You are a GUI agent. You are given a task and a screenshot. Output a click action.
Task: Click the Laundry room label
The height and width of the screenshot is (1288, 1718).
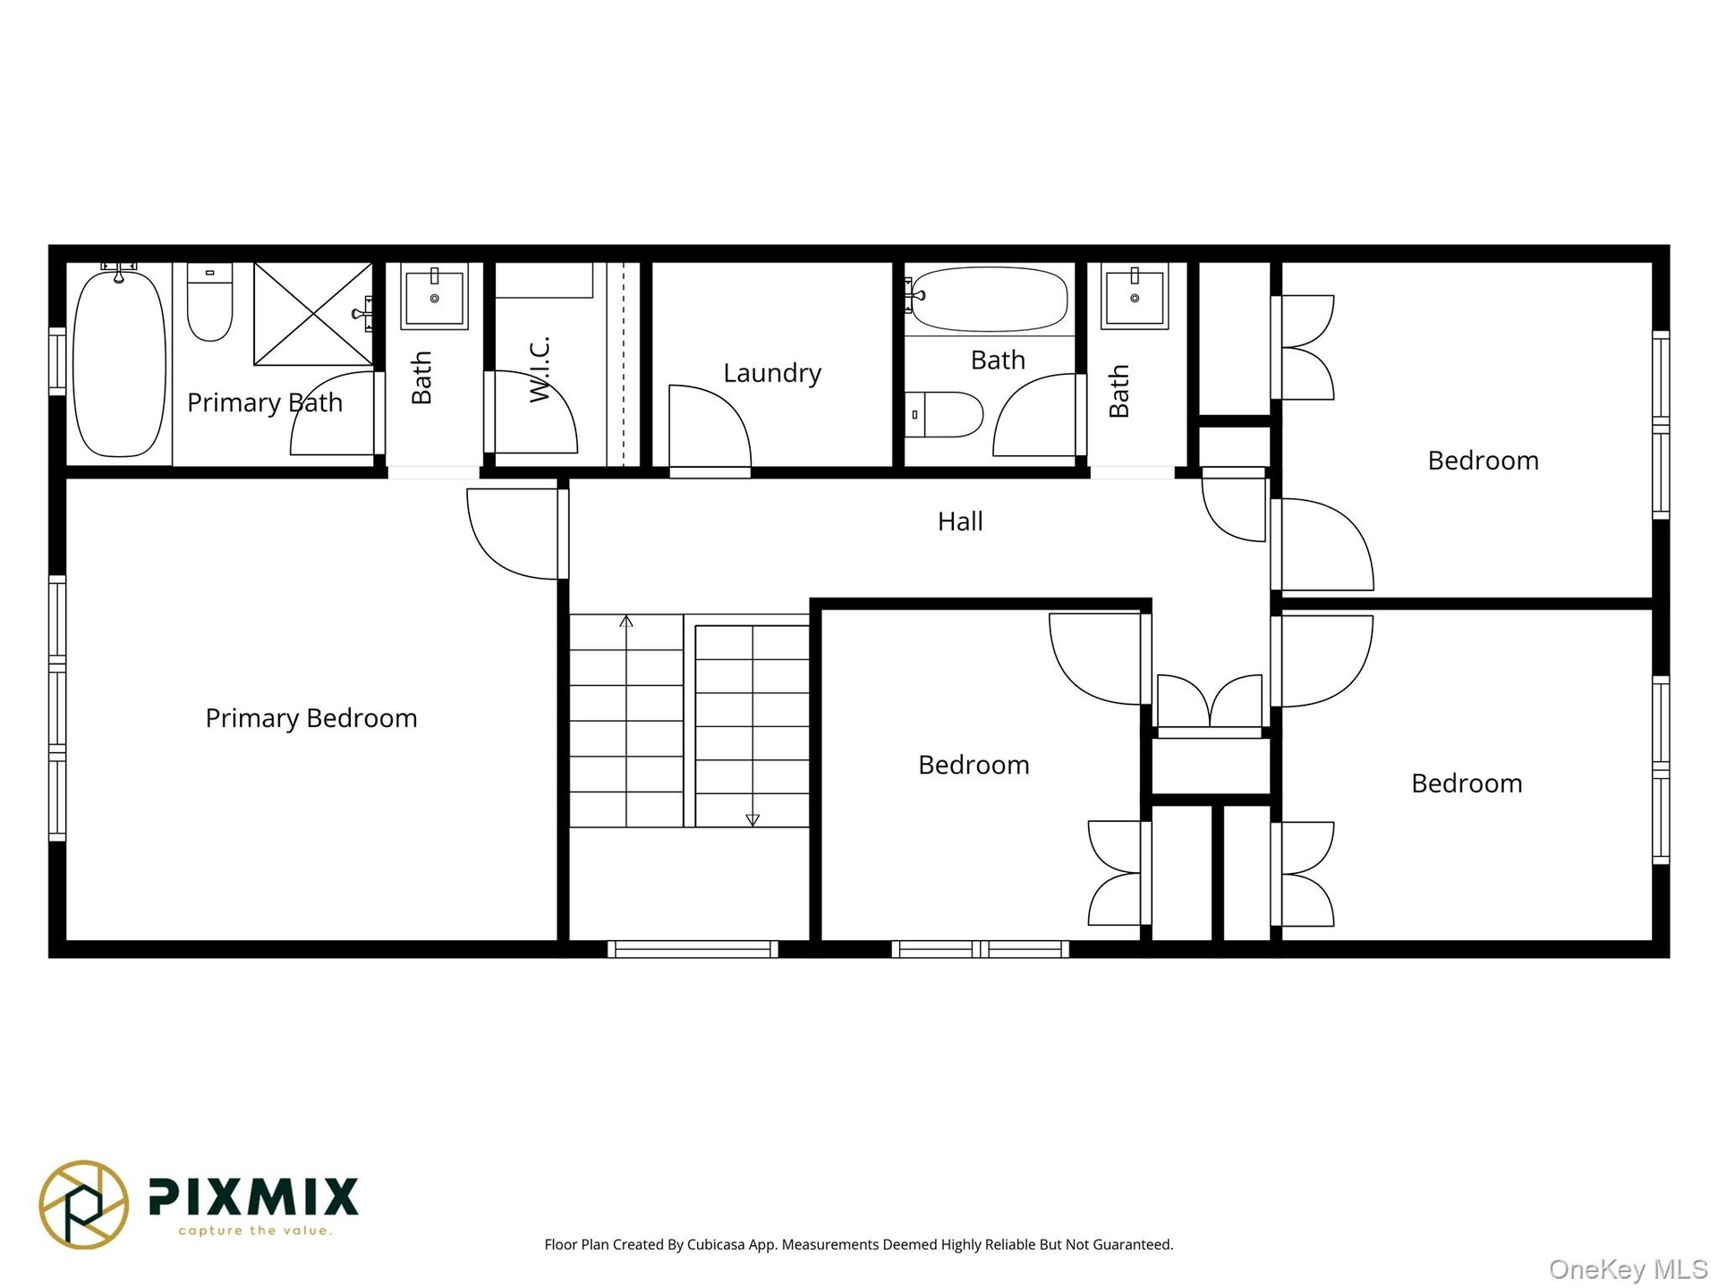772,373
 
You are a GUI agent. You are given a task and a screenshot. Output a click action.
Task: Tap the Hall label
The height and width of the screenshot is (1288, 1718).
960,521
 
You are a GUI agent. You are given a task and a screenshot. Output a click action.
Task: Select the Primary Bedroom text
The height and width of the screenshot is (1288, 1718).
311,718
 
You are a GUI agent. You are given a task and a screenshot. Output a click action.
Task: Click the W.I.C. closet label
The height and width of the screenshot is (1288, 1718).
540,369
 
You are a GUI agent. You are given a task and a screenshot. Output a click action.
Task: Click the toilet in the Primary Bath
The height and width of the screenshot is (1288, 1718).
209,301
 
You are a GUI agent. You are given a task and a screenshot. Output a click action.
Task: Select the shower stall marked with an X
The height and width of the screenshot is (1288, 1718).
313,314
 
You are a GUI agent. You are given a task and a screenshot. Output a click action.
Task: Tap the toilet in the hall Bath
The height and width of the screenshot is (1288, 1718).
944,414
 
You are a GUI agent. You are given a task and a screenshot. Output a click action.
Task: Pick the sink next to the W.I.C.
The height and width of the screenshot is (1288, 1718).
434,296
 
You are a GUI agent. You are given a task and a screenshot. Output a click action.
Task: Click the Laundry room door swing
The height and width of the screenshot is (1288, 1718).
710,427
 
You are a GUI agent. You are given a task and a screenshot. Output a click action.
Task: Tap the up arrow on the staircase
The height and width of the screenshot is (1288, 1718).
626,622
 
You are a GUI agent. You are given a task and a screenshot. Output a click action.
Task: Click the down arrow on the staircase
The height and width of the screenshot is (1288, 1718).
753,819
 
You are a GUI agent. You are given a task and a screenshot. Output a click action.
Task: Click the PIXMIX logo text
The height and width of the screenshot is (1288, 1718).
253,1197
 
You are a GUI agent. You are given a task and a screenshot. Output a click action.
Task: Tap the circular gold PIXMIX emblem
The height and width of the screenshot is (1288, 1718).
84,1204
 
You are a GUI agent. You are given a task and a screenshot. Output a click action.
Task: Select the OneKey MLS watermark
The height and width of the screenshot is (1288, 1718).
1629,1270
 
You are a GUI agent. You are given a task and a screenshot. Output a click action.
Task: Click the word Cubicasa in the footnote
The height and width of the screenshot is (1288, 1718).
716,1245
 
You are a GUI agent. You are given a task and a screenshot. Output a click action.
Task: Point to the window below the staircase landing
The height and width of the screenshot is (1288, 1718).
693,949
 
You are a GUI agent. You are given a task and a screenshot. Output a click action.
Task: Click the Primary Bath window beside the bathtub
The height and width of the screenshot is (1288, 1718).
57,361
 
